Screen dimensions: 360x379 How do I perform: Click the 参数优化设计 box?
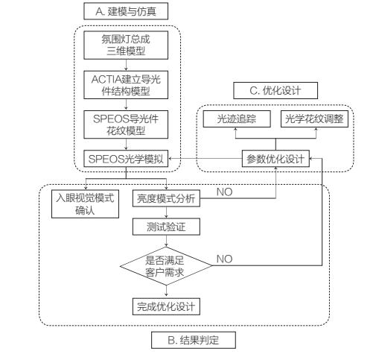[276, 159]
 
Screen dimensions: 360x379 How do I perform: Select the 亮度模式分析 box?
[165, 198]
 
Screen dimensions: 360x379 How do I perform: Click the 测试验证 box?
[165, 227]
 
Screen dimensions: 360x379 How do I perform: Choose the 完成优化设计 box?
[165, 306]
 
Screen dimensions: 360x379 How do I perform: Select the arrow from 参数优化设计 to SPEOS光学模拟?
[206, 159]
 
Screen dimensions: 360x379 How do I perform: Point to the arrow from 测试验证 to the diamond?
[165, 241]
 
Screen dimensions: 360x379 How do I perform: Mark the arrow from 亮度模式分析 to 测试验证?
[165, 212]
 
